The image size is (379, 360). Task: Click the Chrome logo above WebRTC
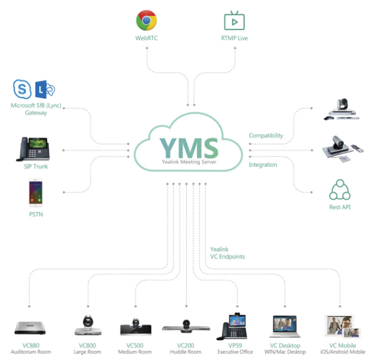(147, 21)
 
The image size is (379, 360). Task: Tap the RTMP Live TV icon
(234, 21)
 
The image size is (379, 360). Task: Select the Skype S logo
(22, 89)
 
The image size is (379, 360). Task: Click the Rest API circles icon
(340, 189)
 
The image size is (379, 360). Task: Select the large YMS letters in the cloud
(189, 147)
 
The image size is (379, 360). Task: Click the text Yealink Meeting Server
(188, 162)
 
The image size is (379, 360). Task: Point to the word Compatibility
(266, 135)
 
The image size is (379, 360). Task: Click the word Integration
(263, 165)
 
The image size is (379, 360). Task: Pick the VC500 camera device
(136, 327)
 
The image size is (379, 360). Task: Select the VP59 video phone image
(235, 325)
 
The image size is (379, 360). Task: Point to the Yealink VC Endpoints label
(227, 253)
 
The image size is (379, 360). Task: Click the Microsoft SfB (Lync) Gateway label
(36, 109)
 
